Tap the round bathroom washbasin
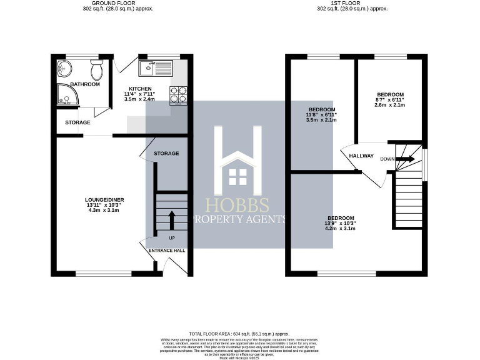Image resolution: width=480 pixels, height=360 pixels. tap(63, 67)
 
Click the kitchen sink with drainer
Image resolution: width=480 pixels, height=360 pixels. tap(154, 67)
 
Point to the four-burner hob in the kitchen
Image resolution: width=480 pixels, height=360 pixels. tap(179, 94)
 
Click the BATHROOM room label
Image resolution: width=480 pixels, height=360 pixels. tap(84, 84)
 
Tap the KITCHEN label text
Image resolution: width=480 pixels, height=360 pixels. tap(140, 89)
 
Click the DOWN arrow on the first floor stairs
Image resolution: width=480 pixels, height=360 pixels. tap(405, 159)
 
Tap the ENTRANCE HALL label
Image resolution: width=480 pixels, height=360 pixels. tap(167, 250)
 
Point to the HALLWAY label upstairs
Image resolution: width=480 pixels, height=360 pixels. tap(361, 156)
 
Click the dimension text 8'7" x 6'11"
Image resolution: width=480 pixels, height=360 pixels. tap(389, 99)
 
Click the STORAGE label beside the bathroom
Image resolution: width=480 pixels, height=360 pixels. tap(77, 122)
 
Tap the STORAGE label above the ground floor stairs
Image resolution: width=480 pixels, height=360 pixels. tap(166, 153)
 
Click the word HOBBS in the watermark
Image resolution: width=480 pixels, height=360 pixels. tap(238, 206)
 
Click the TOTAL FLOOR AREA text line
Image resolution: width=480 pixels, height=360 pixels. tap(239, 334)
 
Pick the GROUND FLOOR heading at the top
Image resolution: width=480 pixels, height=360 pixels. tap(118, 4)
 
